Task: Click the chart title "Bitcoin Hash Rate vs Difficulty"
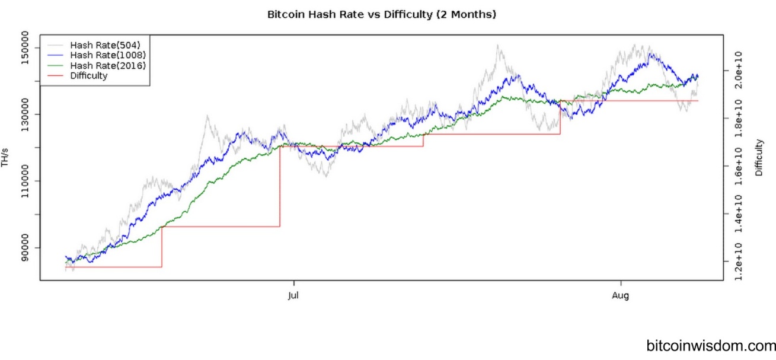pos(381,14)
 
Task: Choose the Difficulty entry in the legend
pos(88,76)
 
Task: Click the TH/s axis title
pos(5,159)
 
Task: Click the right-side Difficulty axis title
pos(759,158)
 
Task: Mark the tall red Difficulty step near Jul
pos(280,186)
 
